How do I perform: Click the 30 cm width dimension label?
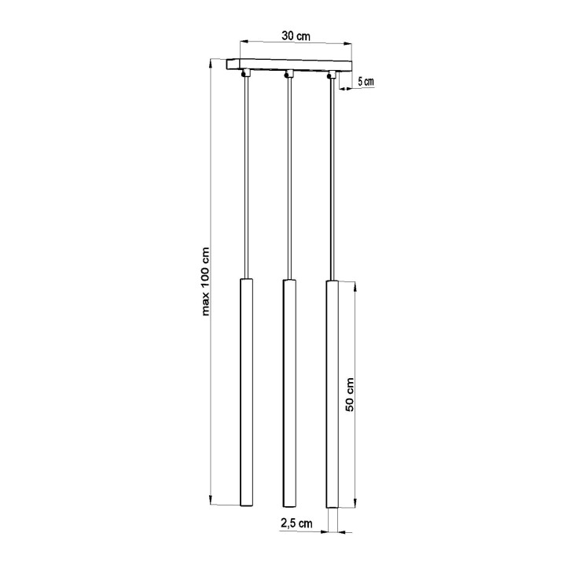point(296,35)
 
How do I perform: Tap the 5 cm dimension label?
point(366,81)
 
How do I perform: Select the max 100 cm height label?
point(207,281)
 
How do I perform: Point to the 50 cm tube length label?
point(351,394)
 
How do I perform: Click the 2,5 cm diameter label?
point(296,523)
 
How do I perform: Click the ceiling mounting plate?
point(291,64)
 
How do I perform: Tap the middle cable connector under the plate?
point(289,74)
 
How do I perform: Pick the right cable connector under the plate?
point(333,74)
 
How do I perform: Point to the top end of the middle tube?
point(288,281)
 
